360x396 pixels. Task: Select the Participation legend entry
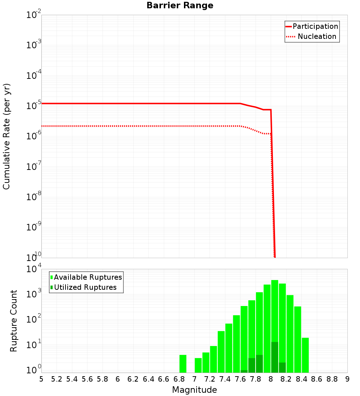click(x=312, y=26)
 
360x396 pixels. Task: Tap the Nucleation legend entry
click(x=312, y=36)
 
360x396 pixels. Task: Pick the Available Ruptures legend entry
click(x=86, y=277)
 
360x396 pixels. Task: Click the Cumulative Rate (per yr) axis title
click(x=6, y=136)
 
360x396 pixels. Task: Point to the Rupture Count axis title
click(x=14, y=321)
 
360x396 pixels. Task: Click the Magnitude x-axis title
click(x=194, y=390)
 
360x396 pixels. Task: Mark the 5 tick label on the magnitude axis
click(x=41, y=379)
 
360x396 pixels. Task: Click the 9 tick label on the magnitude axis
click(x=347, y=379)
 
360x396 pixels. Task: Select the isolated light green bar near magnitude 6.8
click(x=183, y=364)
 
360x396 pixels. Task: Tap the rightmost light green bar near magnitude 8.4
click(x=305, y=355)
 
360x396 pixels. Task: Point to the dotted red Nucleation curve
click(x=144, y=126)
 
